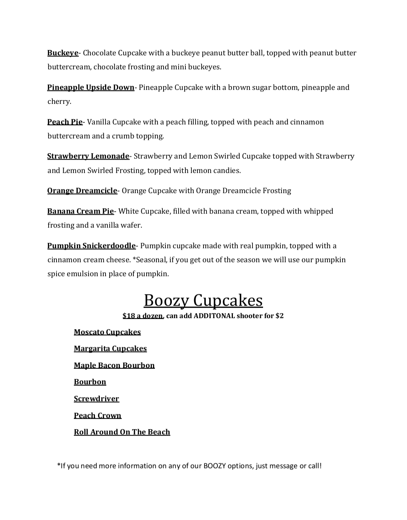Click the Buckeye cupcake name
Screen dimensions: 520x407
click(63, 53)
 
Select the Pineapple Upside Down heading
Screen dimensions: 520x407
click(90, 87)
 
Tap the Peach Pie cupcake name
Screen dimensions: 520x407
click(65, 122)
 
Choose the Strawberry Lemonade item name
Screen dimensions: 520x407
click(88, 156)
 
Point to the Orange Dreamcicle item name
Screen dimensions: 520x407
click(82, 191)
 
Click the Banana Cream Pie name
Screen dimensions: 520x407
click(80, 211)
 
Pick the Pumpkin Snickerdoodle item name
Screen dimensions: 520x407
click(91, 246)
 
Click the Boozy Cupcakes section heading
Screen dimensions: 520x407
click(203, 300)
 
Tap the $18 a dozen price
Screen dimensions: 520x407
click(143, 316)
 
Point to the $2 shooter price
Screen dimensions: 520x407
click(279, 316)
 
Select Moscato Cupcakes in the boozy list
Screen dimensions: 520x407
click(107, 332)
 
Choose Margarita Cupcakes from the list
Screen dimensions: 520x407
click(110, 349)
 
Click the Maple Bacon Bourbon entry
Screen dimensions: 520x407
click(114, 365)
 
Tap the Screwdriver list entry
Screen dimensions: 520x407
click(96, 399)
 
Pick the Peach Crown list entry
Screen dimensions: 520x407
click(98, 415)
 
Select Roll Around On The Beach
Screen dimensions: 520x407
click(122, 432)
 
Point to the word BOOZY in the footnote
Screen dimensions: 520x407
click(214, 466)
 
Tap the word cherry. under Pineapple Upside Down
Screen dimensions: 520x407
click(59, 102)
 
